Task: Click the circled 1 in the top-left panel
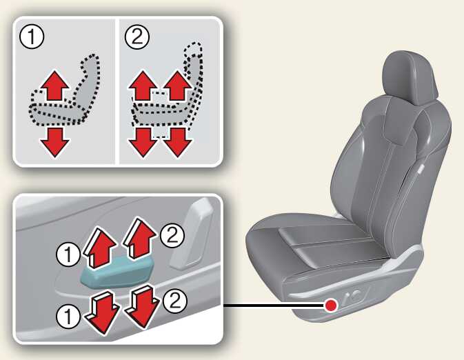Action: (x=32, y=37)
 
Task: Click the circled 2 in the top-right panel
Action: (x=137, y=37)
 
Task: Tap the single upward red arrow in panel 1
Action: (x=54, y=86)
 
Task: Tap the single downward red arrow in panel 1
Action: (x=54, y=142)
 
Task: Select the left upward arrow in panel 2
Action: (x=143, y=86)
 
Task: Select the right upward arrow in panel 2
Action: (x=178, y=86)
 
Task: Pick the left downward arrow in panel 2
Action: (x=143, y=142)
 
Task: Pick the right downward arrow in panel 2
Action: (x=178, y=142)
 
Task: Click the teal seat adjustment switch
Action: (x=117, y=272)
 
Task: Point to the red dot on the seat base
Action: (x=330, y=306)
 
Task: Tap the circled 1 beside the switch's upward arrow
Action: (x=68, y=254)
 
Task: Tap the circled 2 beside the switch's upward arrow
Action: (x=172, y=236)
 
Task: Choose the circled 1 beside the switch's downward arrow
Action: (x=68, y=316)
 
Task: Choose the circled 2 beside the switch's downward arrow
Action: (x=175, y=301)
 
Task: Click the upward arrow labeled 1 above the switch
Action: (x=99, y=248)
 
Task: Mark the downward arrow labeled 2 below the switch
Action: (x=142, y=307)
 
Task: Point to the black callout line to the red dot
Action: (x=274, y=305)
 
